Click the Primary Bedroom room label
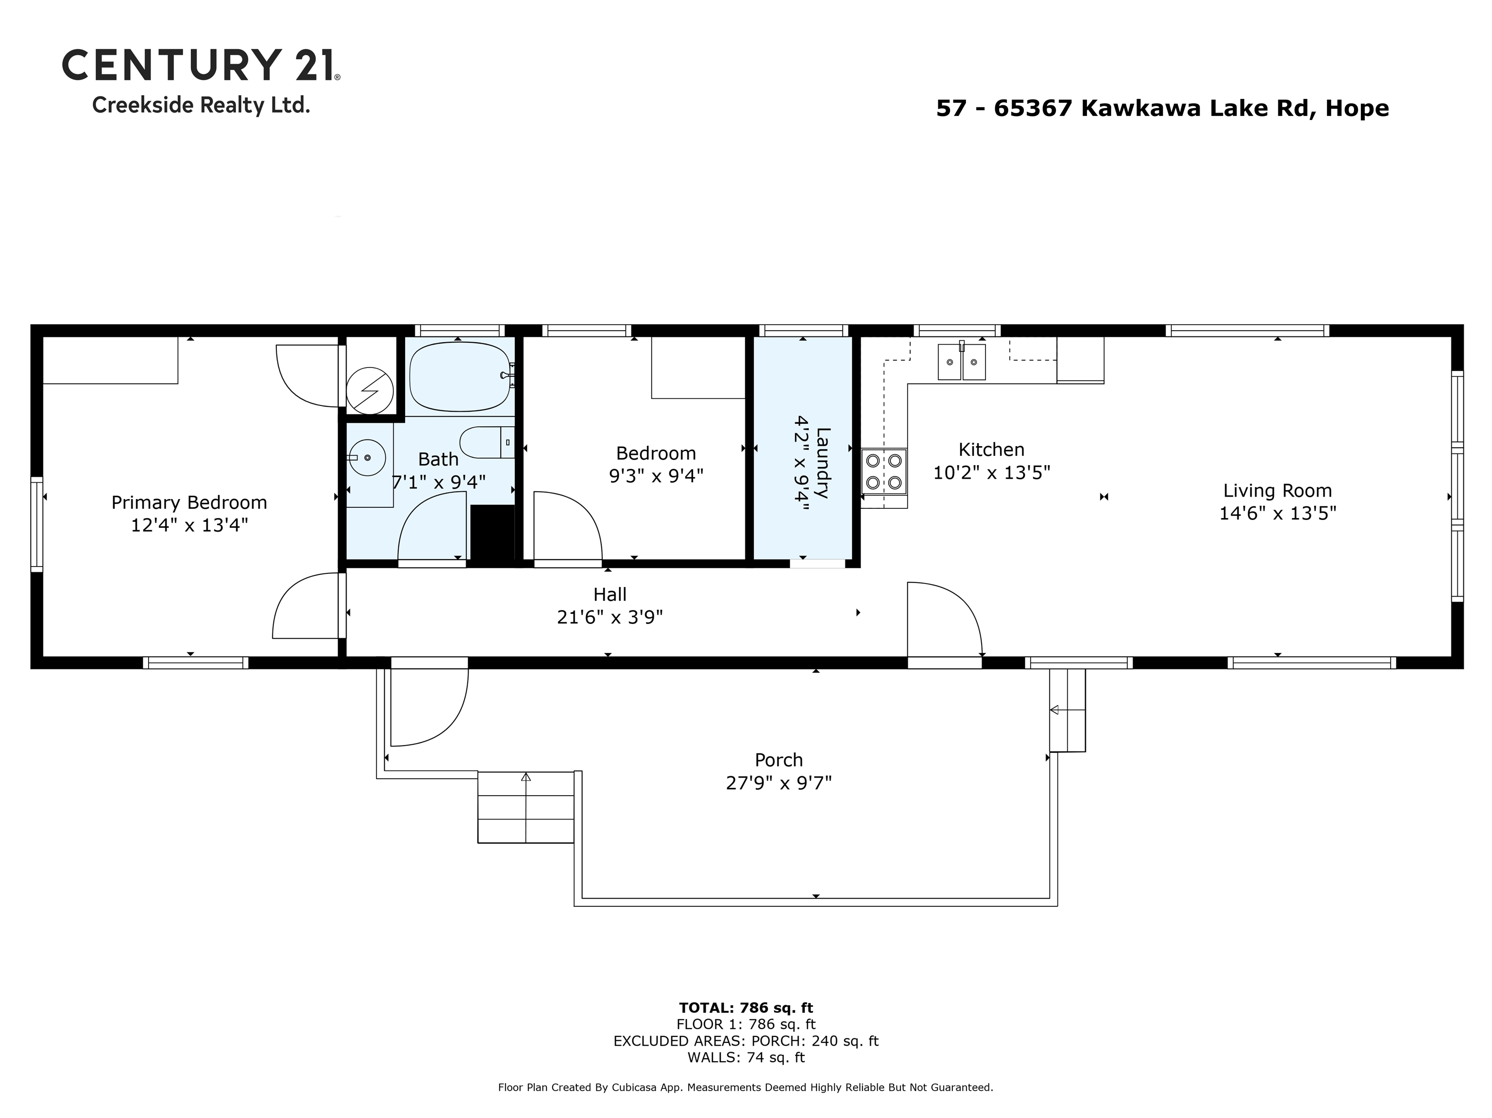click(189, 502)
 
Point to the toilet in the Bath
click(486, 442)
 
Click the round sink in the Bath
click(367, 458)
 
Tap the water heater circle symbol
click(370, 390)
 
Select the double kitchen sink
click(961, 362)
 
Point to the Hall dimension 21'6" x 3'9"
click(610, 617)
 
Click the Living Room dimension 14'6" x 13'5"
click(1277, 513)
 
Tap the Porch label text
click(779, 760)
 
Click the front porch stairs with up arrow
click(526, 807)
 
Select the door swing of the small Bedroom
click(567, 525)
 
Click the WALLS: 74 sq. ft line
click(746, 1057)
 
